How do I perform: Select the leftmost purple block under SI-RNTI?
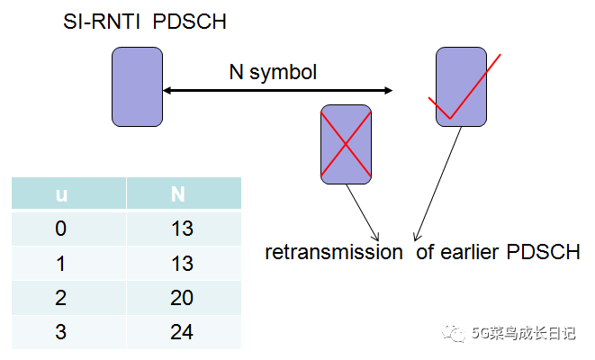tap(137, 86)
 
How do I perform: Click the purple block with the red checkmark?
tap(461, 86)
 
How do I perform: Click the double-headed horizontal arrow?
tap(278, 90)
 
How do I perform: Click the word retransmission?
tap(334, 252)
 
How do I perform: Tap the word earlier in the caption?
tap(473, 252)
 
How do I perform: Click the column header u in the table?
tap(61, 194)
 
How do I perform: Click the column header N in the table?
tap(183, 194)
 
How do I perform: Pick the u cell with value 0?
tap(61, 229)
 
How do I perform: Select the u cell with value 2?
tap(61, 297)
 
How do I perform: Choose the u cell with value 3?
tap(61, 331)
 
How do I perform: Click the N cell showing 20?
tap(183, 297)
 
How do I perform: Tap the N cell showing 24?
tap(183, 331)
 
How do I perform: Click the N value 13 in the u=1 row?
tap(183, 263)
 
